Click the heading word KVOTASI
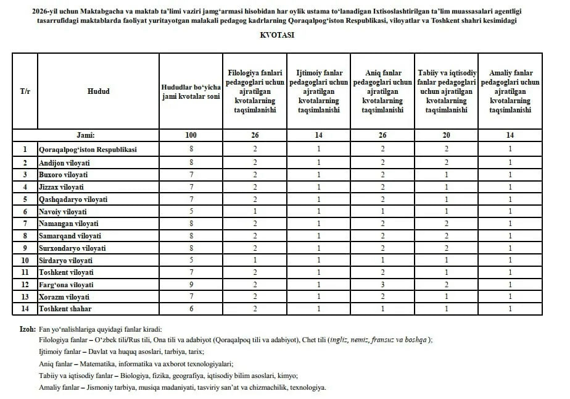coord(277,35)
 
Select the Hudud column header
coord(98,91)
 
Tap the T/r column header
coord(25,91)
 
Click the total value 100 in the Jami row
coord(191,135)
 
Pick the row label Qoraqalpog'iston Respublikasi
coord(87,149)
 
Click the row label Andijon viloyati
coord(64,162)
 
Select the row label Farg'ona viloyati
coord(66,285)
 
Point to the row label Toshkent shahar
coord(64,309)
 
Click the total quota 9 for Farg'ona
coord(191,285)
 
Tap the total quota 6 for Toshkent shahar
coord(191,309)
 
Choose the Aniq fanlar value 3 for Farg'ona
coord(382,285)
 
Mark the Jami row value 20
coord(446,135)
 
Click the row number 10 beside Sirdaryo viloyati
coord(25,260)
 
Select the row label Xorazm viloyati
coord(64,297)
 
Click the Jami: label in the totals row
coord(86,135)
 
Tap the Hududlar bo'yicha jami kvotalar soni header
coord(191,91)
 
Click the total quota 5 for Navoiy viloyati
coord(191,211)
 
